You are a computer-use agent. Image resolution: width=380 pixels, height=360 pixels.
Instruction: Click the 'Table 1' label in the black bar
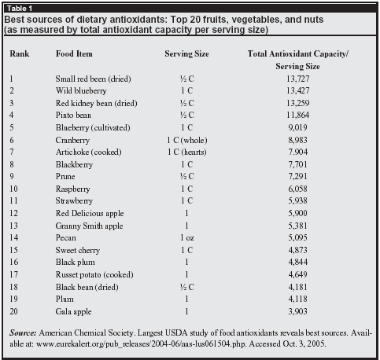(20, 9)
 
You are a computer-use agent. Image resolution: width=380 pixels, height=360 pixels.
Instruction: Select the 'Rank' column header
(20, 53)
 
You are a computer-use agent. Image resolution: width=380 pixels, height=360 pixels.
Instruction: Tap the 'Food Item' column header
(74, 53)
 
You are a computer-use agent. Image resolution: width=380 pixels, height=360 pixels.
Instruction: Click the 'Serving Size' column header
(186, 54)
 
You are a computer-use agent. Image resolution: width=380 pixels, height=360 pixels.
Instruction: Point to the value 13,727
(298, 79)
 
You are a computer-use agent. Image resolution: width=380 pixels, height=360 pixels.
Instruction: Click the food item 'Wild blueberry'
(81, 90)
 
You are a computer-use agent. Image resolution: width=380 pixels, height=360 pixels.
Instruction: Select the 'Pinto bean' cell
(73, 115)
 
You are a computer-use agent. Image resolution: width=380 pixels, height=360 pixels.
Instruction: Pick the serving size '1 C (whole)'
(187, 140)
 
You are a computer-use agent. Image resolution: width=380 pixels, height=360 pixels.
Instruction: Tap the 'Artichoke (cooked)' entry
(89, 152)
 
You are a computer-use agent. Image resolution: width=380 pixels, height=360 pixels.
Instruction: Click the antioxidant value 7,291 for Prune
(298, 176)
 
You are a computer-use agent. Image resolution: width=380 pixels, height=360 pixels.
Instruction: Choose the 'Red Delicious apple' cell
(90, 213)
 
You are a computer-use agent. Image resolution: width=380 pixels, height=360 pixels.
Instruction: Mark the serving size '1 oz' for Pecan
(187, 238)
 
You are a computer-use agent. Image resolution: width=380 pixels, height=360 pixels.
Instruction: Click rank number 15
(13, 250)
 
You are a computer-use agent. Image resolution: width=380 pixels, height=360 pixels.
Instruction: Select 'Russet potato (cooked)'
(94, 274)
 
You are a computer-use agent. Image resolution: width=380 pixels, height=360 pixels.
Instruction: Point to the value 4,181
(298, 287)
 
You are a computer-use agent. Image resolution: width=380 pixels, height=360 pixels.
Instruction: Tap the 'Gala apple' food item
(73, 311)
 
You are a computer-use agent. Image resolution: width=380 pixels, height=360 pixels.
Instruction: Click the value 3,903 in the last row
(298, 311)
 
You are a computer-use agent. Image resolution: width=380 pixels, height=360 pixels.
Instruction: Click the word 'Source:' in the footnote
(23, 332)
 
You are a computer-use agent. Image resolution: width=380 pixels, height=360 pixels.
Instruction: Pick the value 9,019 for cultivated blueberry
(298, 127)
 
